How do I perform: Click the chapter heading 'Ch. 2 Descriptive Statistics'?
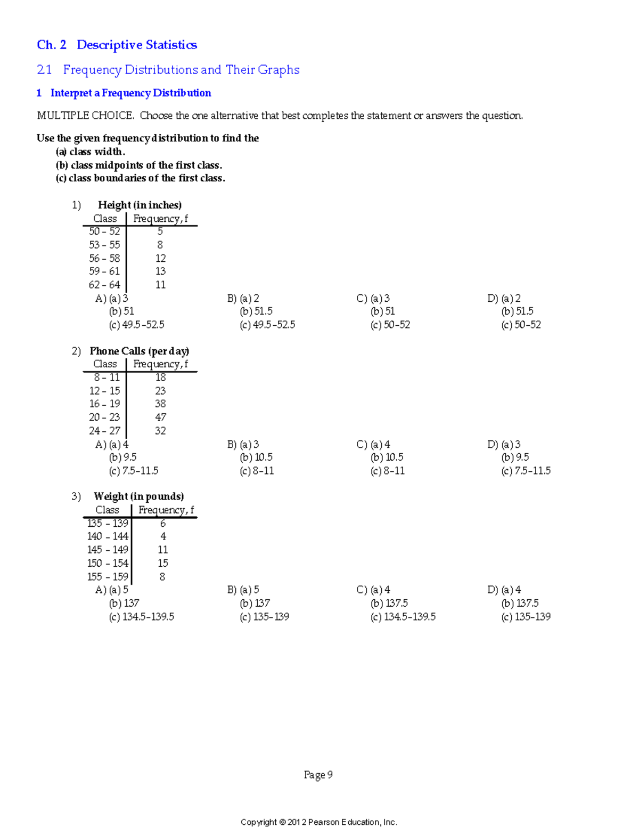coord(117,45)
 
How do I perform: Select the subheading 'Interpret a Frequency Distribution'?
coord(130,93)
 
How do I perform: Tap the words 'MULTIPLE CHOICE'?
coord(85,116)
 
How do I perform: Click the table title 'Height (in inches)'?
coord(140,205)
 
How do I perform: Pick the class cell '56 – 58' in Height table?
coord(104,258)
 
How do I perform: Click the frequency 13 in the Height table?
coord(160,271)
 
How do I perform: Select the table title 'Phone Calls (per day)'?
coord(139,351)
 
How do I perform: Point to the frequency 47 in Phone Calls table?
coord(160,417)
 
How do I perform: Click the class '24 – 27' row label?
coord(104,431)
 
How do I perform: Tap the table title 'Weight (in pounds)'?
coord(138,496)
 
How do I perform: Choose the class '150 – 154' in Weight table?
coord(108,563)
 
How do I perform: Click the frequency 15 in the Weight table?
coord(162,563)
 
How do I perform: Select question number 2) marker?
coord(76,351)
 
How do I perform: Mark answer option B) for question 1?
coord(232,299)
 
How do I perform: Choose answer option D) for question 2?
coord(493,445)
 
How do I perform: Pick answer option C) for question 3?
coord(362,590)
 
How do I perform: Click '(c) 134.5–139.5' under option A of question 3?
coord(141,617)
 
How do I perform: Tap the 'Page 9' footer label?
coord(318,775)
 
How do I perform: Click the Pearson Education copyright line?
coord(319,822)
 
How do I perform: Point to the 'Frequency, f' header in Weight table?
coord(166,510)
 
